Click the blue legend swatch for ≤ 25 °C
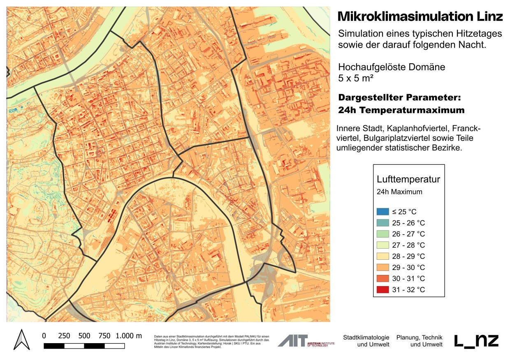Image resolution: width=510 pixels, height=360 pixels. (382, 212)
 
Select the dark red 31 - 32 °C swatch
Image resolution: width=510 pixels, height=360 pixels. (382, 290)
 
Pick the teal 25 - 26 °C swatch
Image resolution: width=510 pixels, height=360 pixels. (382, 223)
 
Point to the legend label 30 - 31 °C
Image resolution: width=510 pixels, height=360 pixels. (409, 279)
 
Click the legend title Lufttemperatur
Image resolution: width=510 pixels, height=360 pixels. (408, 180)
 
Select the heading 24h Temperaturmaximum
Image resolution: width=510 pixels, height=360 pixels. (401, 110)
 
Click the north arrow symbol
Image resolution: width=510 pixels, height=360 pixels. (20, 339)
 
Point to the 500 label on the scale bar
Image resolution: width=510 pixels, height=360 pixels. (84, 335)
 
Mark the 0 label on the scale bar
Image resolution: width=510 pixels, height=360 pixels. (44, 335)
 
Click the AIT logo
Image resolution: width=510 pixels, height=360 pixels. (293, 341)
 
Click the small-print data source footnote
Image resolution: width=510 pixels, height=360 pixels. (211, 341)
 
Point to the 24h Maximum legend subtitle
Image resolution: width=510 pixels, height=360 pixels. (399, 192)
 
